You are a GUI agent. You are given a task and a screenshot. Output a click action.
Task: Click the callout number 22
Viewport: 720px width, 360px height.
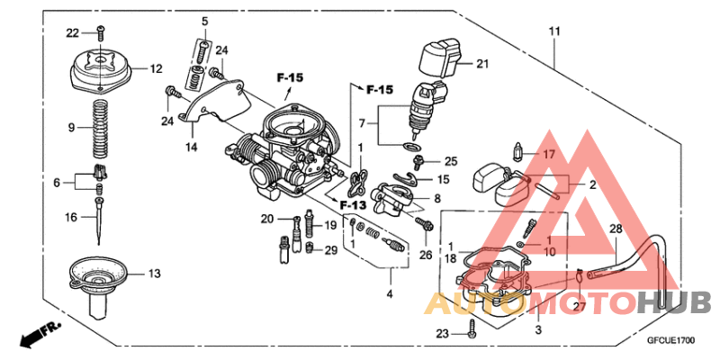tap(73, 33)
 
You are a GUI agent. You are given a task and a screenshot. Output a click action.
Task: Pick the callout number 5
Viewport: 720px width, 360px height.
tap(204, 21)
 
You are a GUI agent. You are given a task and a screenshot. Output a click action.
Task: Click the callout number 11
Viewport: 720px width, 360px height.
tap(555, 32)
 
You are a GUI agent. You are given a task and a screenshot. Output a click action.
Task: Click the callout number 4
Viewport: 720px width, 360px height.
tap(389, 293)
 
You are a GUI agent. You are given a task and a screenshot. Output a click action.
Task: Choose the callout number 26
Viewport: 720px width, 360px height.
tap(426, 255)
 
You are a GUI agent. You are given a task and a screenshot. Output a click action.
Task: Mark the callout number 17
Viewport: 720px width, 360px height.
tap(549, 154)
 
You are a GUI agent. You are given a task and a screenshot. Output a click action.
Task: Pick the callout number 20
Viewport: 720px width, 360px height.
tap(266, 219)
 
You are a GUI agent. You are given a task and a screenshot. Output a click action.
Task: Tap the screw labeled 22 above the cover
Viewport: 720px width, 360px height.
tap(99, 34)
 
